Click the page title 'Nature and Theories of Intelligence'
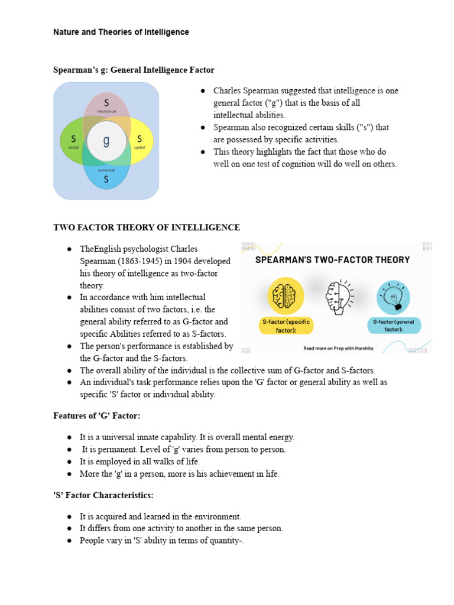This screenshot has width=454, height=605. tap(121, 32)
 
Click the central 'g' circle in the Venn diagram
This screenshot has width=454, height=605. tap(106, 141)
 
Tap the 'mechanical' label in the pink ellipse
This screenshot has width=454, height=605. tap(106, 111)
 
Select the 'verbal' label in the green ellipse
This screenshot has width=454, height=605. tap(73, 147)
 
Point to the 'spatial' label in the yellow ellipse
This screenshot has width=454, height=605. tap(140, 147)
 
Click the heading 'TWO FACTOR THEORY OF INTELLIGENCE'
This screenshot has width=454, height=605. tap(147, 227)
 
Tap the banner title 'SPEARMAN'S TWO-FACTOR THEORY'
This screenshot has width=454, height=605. tap(332, 259)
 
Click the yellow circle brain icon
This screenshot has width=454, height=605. tap(286, 295)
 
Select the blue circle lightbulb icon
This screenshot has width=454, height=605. tap(394, 296)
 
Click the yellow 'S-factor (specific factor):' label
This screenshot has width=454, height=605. tap(286, 325)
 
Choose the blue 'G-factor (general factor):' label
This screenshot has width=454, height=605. tap(394, 325)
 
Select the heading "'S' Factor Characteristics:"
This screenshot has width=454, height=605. tap(104, 495)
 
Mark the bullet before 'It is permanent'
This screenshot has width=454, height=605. tap(70, 450)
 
